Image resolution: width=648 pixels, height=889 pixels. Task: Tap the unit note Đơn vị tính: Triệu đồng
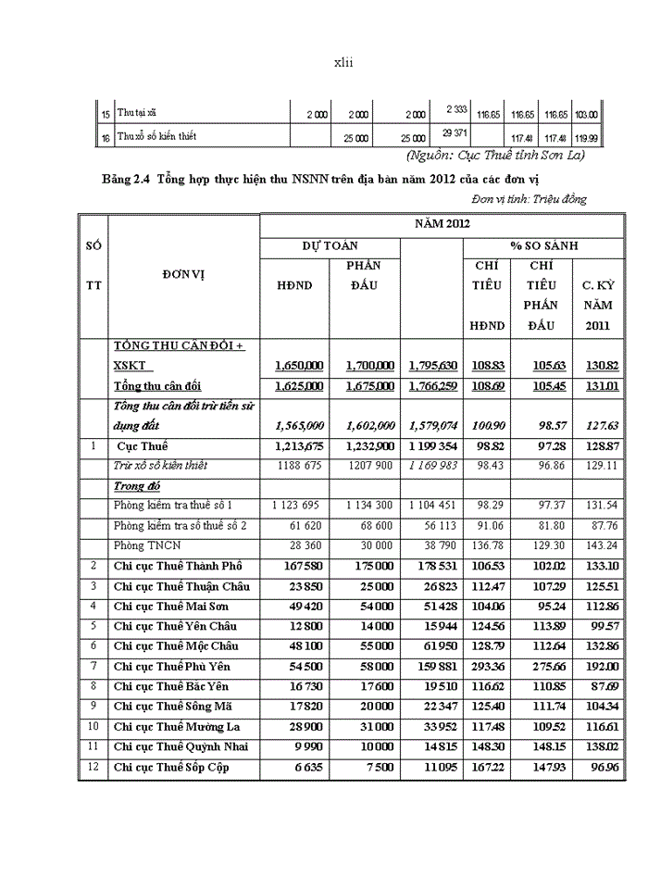pyautogui.click(x=529, y=198)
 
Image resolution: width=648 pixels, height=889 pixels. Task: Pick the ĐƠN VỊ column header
pyautogui.click(x=183, y=275)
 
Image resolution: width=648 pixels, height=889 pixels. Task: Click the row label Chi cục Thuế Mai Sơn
pyautogui.click(x=171, y=607)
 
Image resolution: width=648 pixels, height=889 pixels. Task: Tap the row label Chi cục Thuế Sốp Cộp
pyautogui.click(x=171, y=768)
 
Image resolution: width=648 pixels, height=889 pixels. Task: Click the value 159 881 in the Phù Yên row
pyautogui.click(x=432, y=667)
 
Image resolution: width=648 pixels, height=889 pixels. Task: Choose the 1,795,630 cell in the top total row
pyautogui.click(x=432, y=366)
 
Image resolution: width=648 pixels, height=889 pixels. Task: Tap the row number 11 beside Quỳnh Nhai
pyautogui.click(x=93, y=746)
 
